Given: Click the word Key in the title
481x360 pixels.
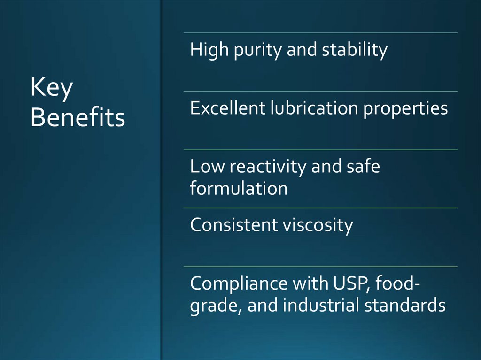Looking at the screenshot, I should point(52,89).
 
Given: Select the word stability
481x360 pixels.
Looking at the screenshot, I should point(355,50).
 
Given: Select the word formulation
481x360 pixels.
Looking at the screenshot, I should point(239,189).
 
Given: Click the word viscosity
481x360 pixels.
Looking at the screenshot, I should point(318,226).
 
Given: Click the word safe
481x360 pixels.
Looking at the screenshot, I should point(362,167).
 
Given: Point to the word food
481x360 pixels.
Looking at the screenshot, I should point(396,284).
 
